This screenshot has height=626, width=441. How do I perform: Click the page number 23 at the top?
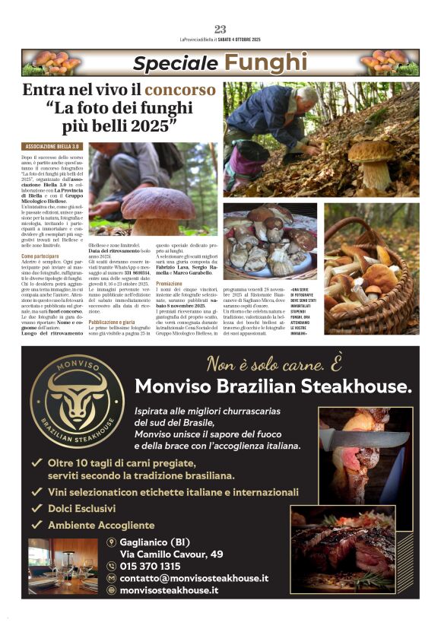[x=220, y=30]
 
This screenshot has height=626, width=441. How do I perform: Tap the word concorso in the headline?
[x=180, y=90]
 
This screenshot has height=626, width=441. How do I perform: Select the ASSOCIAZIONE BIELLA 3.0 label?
[x=52, y=145]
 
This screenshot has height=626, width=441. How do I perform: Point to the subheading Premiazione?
[x=169, y=284]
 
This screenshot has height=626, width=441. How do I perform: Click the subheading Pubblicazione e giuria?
[x=116, y=322]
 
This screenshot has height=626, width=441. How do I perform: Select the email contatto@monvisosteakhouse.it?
[x=194, y=578]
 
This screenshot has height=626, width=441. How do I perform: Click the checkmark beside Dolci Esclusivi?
[x=36, y=508]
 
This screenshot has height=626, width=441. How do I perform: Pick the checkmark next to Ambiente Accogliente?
[x=36, y=525]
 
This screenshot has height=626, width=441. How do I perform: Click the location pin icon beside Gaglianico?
[x=111, y=542]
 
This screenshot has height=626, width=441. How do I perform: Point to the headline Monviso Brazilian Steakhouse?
[x=273, y=386]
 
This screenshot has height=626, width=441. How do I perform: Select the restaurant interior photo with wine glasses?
[x=62, y=565]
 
